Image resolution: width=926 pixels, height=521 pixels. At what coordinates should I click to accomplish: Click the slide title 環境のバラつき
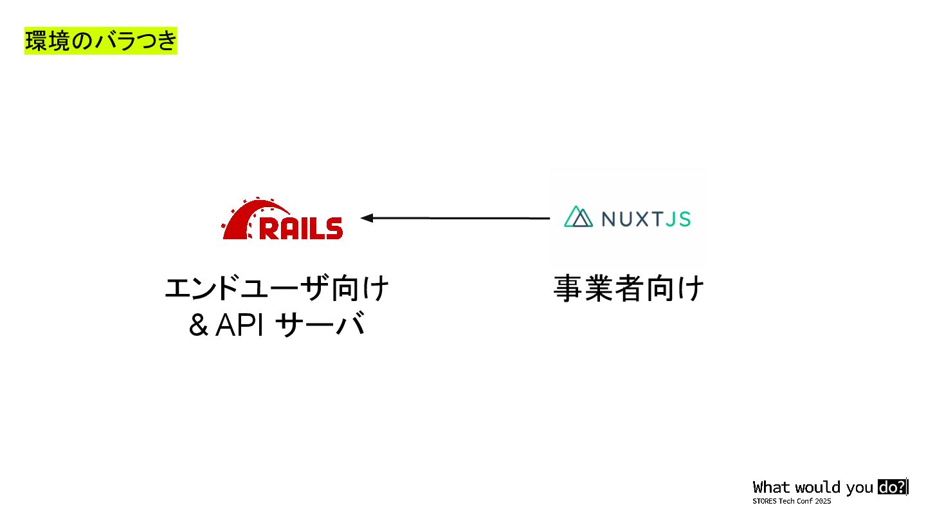[x=100, y=41]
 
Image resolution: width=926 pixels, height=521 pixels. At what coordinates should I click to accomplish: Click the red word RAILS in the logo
[x=300, y=228]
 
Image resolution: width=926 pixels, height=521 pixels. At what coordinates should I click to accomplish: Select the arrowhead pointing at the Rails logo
[x=368, y=218]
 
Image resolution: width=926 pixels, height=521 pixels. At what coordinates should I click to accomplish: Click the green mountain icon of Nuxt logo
[x=578, y=217]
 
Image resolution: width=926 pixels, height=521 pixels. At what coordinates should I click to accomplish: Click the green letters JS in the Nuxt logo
[x=678, y=219]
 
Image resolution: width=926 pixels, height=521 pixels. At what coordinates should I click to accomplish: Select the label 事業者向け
[x=628, y=289]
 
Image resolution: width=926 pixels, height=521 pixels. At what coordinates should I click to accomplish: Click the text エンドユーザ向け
[x=277, y=289]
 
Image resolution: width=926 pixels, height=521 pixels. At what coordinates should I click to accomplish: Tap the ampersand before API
[x=198, y=325]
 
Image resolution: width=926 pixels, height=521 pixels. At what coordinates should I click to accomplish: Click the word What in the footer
[x=771, y=488]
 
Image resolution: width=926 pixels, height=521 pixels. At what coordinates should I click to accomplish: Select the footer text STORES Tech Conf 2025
[x=792, y=501]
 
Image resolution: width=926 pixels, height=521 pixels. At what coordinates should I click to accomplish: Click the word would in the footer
[x=817, y=488]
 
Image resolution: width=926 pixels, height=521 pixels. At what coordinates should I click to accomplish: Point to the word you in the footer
[x=860, y=488]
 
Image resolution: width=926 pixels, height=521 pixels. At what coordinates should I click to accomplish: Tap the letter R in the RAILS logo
[x=268, y=228]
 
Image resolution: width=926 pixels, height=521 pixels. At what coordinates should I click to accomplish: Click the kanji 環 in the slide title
[x=34, y=41]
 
